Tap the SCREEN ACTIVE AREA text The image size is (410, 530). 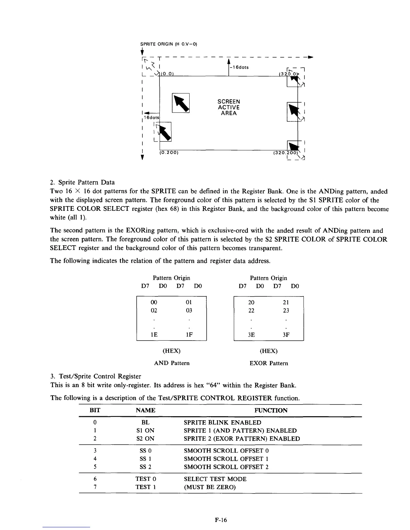(x=229, y=107)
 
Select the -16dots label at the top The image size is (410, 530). (x=239, y=67)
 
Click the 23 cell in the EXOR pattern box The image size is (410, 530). (x=286, y=311)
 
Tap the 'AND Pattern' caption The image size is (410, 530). (x=172, y=363)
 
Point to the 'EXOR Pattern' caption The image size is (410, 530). (x=269, y=363)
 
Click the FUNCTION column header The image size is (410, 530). (x=271, y=410)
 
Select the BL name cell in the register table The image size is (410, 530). (x=145, y=423)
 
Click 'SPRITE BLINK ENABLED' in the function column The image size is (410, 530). (x=222, y=423)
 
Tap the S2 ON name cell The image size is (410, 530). (x=145, y=439)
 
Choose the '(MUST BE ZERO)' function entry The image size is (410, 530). (x=210, y=487)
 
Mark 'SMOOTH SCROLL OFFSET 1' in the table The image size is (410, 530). (x=226, y=459)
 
